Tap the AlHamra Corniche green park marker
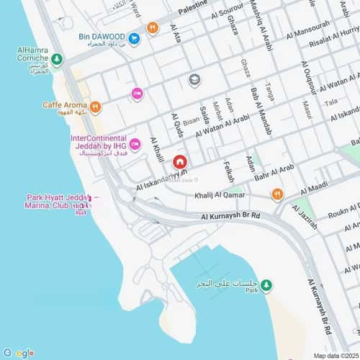[x=57, y=59]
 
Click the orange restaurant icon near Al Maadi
[x=277, y=194]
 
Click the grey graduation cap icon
[x=194, y=80]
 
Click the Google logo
[x=19, y=352]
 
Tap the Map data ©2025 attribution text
[x=334, y=356]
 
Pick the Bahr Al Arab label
[x=274, y=171]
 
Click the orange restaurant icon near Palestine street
[x=152, y=29]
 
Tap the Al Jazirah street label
[x=307, y=215]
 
